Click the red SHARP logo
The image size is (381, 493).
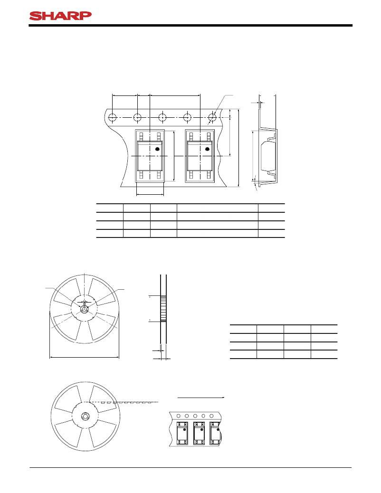coord(60,16)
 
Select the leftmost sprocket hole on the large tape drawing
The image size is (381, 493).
coord(112,117)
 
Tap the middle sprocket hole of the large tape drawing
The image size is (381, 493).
coord(162,117)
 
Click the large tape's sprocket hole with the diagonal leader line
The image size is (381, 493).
coord(212,117)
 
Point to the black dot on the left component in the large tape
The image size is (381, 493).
coord(158,149)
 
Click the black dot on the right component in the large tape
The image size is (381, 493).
coord(207,149)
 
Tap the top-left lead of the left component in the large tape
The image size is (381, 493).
coord(141,136)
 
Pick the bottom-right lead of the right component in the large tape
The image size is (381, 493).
coord(209,175)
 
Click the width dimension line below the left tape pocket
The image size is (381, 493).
coord(150,195)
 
